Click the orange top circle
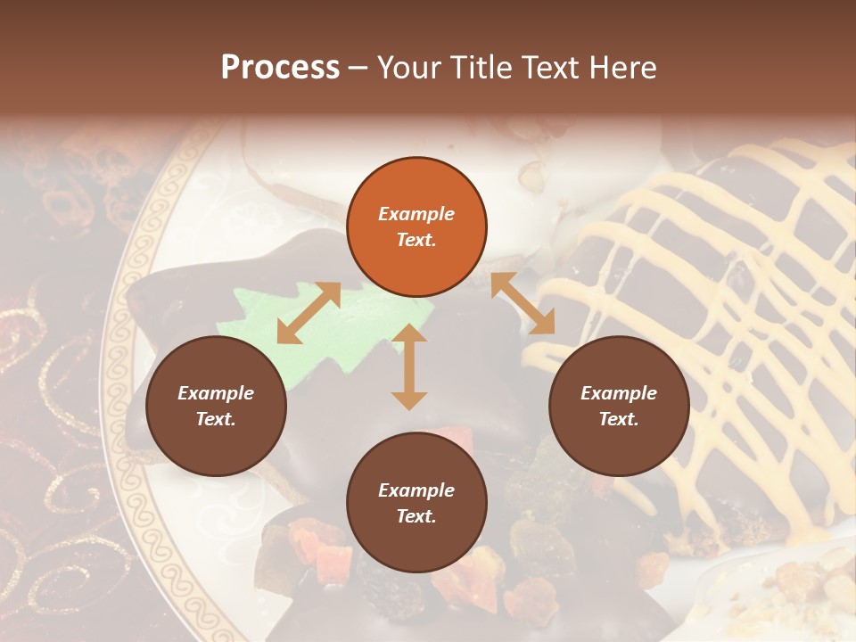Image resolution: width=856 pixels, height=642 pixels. click(416, 227)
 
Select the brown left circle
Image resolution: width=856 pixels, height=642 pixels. click(216, 407)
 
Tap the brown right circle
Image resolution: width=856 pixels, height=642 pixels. click(619, 407)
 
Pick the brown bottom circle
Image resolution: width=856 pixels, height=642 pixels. click(416, 503)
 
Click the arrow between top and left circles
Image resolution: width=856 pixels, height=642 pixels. click(309, 313)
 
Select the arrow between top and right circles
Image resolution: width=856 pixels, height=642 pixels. click(523, 304)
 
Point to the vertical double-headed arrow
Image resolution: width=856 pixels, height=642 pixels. click(409, 366)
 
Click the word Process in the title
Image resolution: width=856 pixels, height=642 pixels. click(280, 68)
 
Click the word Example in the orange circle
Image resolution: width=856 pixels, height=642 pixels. click(416, 214)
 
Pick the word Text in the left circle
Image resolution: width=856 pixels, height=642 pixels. click(215, 419)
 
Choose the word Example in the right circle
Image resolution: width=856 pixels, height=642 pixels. click(619, 393)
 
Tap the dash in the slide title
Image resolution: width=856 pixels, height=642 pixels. click(358, 68)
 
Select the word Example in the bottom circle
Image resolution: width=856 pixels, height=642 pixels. click(416, 490)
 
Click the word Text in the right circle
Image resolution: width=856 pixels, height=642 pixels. click(618, 419)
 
